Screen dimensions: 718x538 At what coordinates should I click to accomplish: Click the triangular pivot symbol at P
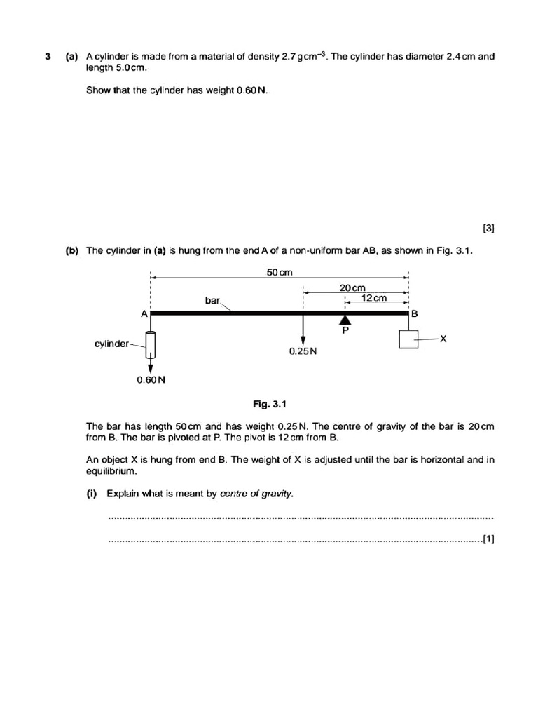coord(345,320)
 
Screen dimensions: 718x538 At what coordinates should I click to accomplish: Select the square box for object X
coord(408,339)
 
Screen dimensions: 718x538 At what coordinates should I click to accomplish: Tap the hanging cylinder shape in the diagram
coord(150,344)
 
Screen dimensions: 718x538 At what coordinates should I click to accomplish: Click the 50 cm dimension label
coord(279,272)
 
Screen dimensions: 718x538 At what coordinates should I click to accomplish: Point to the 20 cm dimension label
coord(352,287)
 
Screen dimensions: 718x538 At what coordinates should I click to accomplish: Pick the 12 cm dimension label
coord(374,298)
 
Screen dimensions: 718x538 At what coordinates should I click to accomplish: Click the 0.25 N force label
coord(303,351)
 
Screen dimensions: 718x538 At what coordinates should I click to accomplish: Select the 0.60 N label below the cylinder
coord(151,380)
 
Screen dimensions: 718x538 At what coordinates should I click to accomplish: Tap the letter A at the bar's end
coord(144,314)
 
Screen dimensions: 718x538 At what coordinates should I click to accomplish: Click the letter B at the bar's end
coord(414,314)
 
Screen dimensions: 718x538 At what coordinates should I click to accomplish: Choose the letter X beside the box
coord(443,339)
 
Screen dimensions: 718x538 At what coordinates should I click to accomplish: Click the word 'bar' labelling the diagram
coord(212,300)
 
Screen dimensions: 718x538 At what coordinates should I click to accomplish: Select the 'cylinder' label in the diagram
coord(111,344)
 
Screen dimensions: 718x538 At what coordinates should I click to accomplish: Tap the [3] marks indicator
coord(488,227)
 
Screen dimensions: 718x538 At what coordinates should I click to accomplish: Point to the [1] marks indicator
coord(488,539)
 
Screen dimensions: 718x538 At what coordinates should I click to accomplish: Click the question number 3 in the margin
coord(48,57)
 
